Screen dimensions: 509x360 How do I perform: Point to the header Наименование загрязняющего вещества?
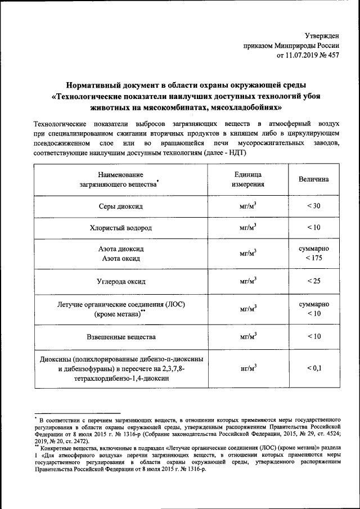click(x=119, y=179)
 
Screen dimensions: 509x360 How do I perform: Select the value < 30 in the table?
click(x=314, y=205)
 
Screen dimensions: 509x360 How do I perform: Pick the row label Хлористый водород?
click(x=120, y=228)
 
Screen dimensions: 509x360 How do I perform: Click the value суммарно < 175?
click(x=314, y=253)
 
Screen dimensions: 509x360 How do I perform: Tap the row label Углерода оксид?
click(x=120, y=280)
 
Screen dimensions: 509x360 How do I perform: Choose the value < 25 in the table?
click(x=314, y=280)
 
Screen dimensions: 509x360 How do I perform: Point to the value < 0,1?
click(x=314, y=368)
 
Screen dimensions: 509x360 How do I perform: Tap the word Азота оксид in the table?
click(x=121, y=259)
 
